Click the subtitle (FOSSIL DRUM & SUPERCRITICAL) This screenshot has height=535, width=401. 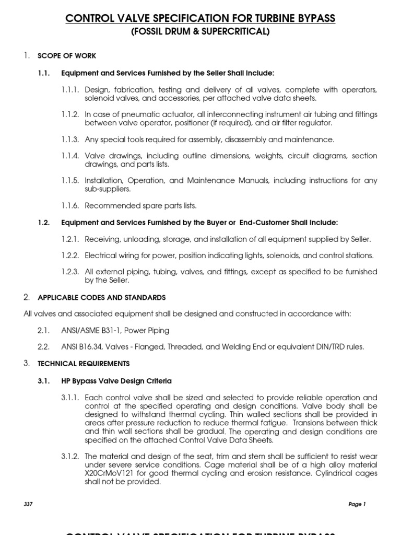(x=200, y=32)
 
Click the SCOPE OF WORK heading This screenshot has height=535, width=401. (x=67, y=56)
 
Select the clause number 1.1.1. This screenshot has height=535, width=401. (x=70, y=90)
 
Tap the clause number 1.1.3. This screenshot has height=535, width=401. (x=70, y=139)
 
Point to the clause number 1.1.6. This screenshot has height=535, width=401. (x=70, y=205)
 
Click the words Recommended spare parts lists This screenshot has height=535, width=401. (x=140, y=205)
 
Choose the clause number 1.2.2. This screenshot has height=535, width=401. (x=70, y=255)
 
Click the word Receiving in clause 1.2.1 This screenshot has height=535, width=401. (x=102, y=239)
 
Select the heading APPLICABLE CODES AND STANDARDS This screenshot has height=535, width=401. (x=102, y=297)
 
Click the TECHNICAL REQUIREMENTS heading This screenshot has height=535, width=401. (x=84, y=363)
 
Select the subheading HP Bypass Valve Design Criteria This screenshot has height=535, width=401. (x=116, y=381)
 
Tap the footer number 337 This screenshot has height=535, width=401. (x=29, y=504)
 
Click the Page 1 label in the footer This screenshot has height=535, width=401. (x=357, y=504)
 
